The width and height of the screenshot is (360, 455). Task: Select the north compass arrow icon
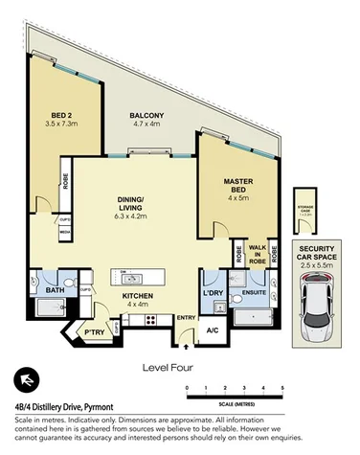30,382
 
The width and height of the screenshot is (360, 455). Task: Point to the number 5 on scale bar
282,386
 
